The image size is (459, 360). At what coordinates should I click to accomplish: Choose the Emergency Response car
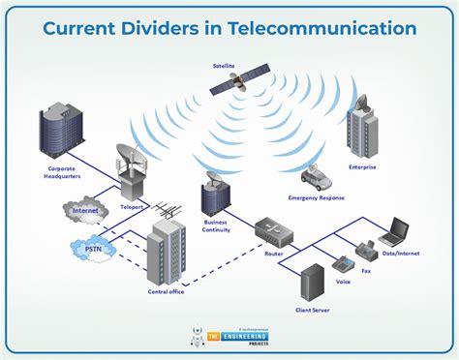coord(316,176)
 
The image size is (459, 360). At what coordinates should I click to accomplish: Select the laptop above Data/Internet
coord(393,232)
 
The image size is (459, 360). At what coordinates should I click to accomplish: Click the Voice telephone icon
coord(342,263)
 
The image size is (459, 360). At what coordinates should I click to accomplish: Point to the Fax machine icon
coord(366,251)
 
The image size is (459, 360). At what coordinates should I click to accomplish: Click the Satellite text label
coord(225,66)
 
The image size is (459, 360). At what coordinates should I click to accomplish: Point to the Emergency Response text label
coord(316,197)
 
